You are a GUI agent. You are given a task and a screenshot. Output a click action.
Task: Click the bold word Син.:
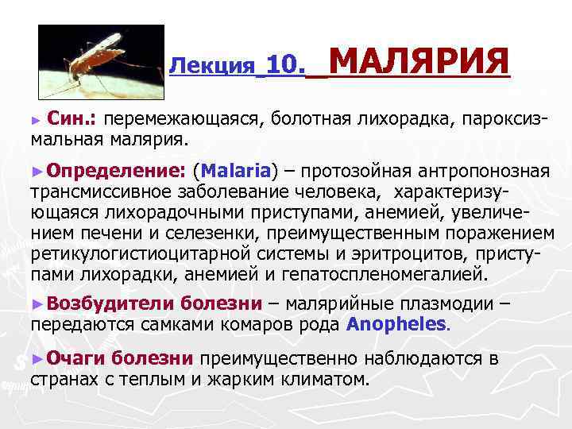(x=72, y=119)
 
